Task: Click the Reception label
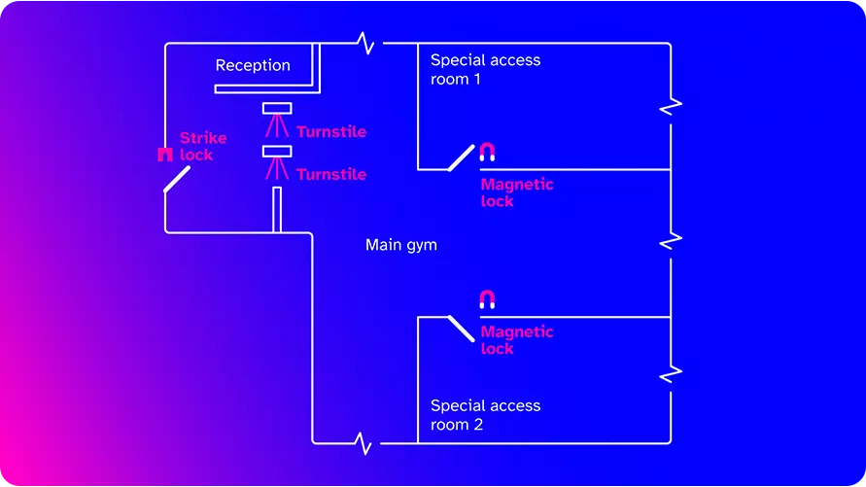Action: click(x=253, y=66)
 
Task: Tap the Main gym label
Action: click(x=400, y=245)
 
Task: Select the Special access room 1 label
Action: click(x=484, y=69)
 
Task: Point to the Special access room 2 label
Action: click(x=484, y=415)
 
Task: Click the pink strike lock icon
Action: click(x=164, y=155)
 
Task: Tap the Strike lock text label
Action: click(x=202, y=147)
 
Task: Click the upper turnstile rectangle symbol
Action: click(x=277, y=108)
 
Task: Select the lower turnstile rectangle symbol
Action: click(x=277, y=151)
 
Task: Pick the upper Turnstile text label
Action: click(x=331, y=131)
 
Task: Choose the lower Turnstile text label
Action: click(x=331, y=174)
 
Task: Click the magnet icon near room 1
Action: click(x=487, y=152)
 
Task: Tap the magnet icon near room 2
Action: click(x=487, y=299)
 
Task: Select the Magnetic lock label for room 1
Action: click(x=516, y=192)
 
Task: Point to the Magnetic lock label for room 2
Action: click(x=516, y=340)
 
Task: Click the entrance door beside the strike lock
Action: click(x=176, y=179)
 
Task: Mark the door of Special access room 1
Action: click(x=461, y=157)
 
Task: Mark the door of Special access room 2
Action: click(x=461, y=329)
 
